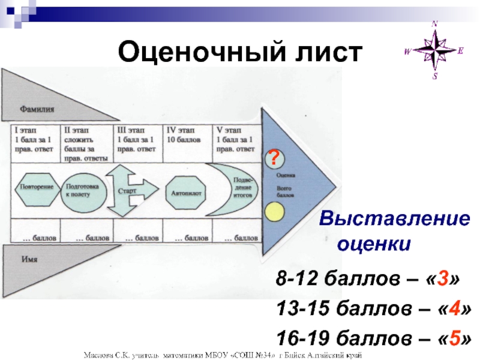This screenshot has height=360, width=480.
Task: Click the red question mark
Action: click(274, 158)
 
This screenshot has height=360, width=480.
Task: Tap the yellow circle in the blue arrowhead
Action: click(274, 212)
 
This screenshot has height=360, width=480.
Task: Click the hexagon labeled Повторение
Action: click(37, 187)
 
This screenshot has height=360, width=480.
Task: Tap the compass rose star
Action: click(435, 50)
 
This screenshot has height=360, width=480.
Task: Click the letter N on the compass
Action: click(436, 24)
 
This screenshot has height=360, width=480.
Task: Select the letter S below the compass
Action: click(436, 77)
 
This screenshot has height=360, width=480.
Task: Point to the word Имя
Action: click(29, 259)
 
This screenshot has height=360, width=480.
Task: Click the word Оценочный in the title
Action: click(188, 52)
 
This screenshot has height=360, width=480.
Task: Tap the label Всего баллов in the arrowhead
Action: click(286, 192)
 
